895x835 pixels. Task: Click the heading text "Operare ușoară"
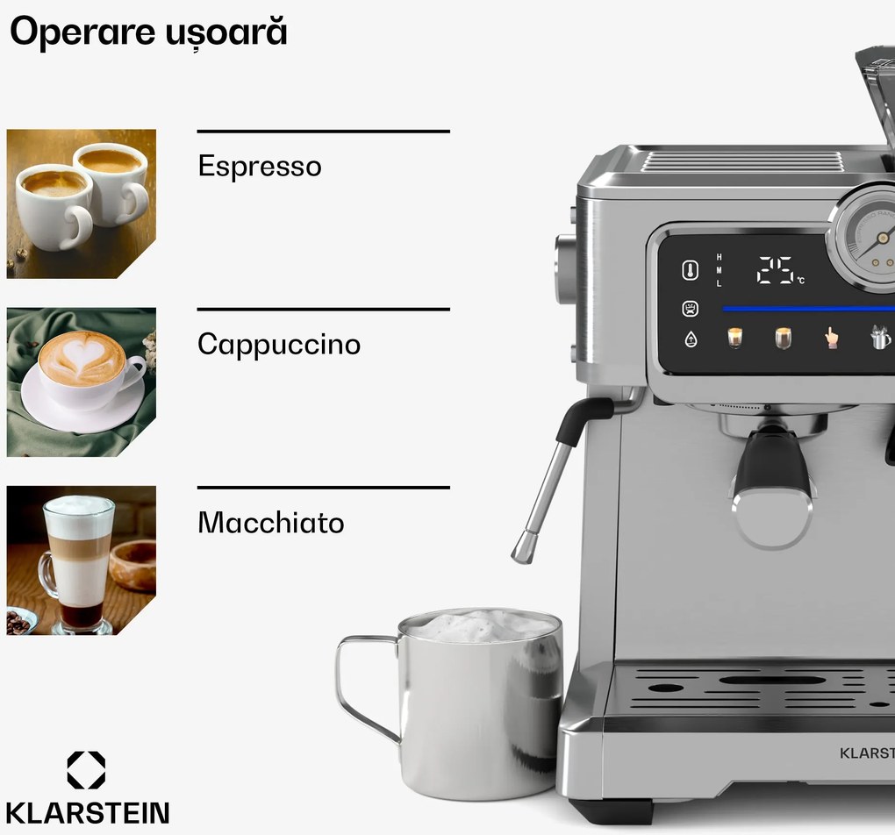[148, 32]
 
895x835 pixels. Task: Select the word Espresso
[260, 167]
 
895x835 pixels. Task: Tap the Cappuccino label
[279, 344]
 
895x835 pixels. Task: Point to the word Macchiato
[270, 523]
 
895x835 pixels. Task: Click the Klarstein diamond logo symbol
[86, 769]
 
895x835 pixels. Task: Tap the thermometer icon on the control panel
[691, 271]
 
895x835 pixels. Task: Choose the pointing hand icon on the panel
[830, 338]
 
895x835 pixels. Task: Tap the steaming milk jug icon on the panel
[880, 337]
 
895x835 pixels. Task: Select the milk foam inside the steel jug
[479, 625]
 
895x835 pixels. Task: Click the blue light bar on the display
[807, 309]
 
